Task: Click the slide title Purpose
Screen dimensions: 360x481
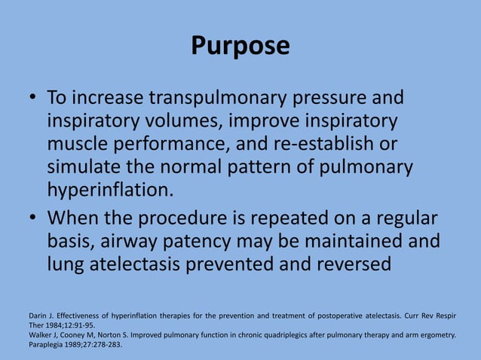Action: (240, 46)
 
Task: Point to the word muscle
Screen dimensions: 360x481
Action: (78, 144)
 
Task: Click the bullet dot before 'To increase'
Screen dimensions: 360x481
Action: (33, 99)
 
